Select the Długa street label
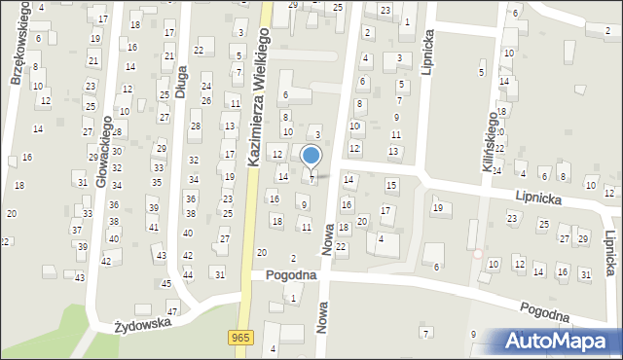click(180, 76)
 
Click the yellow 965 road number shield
click(240, 336)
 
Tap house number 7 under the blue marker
click(311, 178)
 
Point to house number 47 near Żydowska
click(172, 310)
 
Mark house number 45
click(166, 283)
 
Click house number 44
click(188, 274)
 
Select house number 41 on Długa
click(154, 227)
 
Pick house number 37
click(77, 230)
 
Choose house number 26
click(205, 100)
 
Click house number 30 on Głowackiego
click(116, 151)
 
